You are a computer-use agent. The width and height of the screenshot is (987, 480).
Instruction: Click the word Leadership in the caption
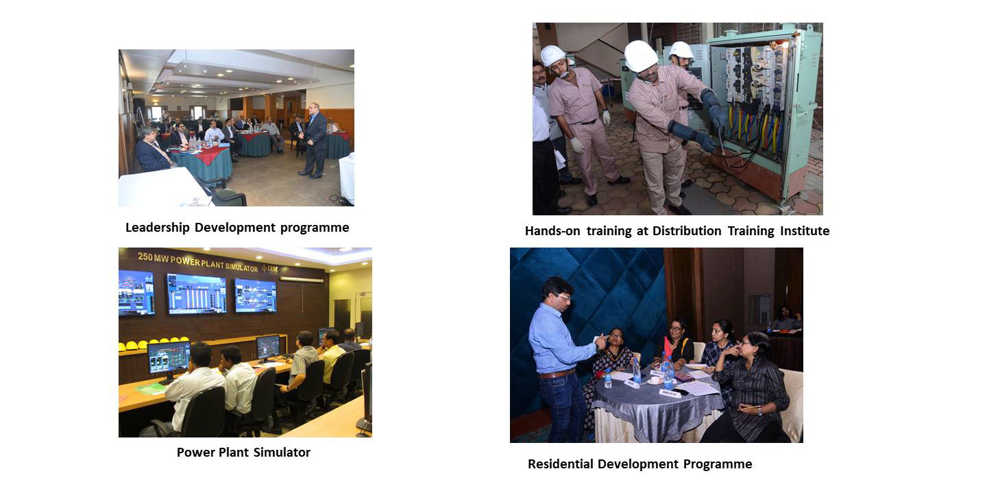pyautogui.click(x=158, y=228)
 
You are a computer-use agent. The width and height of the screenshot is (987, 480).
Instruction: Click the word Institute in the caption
pyautogui.click(x=805, y=231)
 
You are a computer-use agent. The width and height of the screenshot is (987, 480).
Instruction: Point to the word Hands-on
pyautogui.click(x=552, y=231)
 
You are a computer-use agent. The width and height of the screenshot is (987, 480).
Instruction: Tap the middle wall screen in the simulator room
pyautogui.click(x=197, y=293)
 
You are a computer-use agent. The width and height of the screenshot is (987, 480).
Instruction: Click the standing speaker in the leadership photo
pyautogui.click(x=314, y=140)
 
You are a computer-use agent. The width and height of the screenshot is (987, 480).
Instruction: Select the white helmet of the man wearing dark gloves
pyautogui.click(x=640, y=56)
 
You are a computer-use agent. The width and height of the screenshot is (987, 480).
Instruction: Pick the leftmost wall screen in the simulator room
pyautogui.click(x=136, y=293)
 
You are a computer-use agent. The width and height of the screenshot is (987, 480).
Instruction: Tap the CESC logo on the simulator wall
pyautogui.click(x=269, y=269)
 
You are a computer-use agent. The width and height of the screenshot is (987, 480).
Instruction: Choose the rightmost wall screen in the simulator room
pyautogui.click(x=255, y=295)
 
